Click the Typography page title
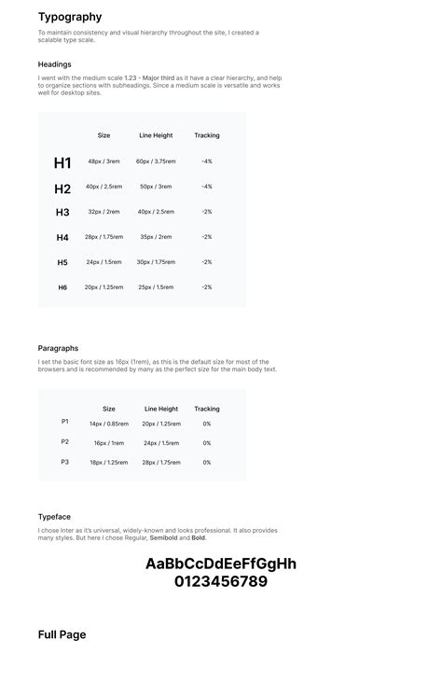70,17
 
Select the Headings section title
54,64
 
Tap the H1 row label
62,163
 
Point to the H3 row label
62,213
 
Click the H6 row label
62,287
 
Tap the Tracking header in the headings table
206,135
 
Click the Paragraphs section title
58,348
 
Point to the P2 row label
65,442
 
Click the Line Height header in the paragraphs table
161,409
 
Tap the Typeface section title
54,517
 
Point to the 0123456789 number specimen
221,582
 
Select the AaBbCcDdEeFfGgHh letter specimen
221,564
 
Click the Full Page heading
62,635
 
